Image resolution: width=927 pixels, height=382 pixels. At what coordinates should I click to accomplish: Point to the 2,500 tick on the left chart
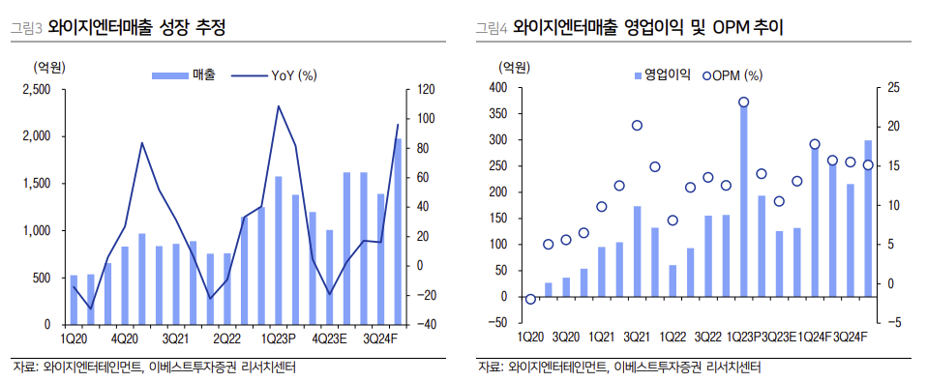[x=36, y=89]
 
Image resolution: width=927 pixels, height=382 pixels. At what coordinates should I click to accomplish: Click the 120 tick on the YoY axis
[x=426, y=89]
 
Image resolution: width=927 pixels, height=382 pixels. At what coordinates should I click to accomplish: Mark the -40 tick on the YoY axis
[x=426, y=325]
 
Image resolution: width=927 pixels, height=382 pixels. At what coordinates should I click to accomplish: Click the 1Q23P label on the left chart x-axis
[x=281, y=339]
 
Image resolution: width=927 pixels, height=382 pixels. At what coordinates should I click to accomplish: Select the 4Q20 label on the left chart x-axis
[x=125, y=339]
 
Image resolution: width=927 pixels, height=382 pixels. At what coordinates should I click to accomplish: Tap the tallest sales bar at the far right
[x=397, y=232]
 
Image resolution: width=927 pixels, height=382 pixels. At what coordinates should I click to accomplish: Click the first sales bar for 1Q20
[x=74, y=300]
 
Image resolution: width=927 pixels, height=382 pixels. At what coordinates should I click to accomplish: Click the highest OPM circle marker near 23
[x=743, y=102]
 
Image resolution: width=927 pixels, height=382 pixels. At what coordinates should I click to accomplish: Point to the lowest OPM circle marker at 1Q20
[x=530, y=299]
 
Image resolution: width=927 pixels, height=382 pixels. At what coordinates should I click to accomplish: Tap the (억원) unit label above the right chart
[x=515, y=67]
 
